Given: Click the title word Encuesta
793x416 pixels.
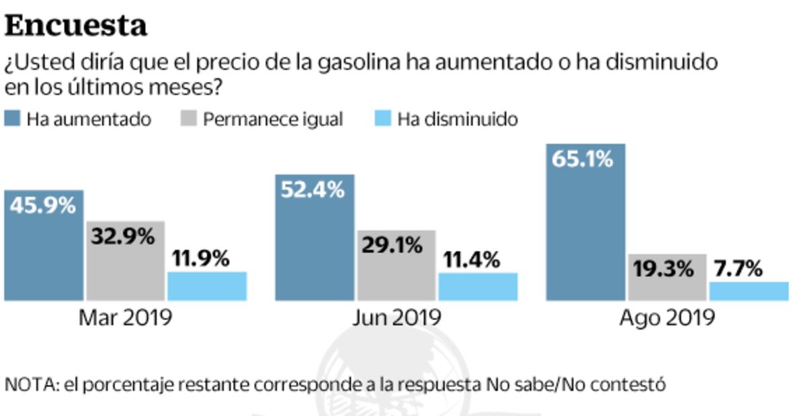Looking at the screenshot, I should tap(76, 26).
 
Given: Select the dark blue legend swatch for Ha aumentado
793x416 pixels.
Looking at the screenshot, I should tap(13, 119).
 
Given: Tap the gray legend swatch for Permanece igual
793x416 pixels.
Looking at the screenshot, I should tap(190, 119).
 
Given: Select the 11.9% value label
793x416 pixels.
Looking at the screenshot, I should tap(206, 258).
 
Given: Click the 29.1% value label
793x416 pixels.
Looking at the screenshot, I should tap(396, 245).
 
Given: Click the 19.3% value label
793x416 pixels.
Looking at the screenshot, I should tap(665, 269).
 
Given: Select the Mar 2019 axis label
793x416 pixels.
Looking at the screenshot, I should tap(125, 317).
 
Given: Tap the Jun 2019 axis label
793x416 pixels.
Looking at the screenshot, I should tap(396, 317).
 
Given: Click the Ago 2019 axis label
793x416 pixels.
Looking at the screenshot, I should tap(667, 317).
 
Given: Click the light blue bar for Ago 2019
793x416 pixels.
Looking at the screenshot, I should tap(749, 291).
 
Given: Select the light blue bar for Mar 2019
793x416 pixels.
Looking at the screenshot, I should tap(206, 287).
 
